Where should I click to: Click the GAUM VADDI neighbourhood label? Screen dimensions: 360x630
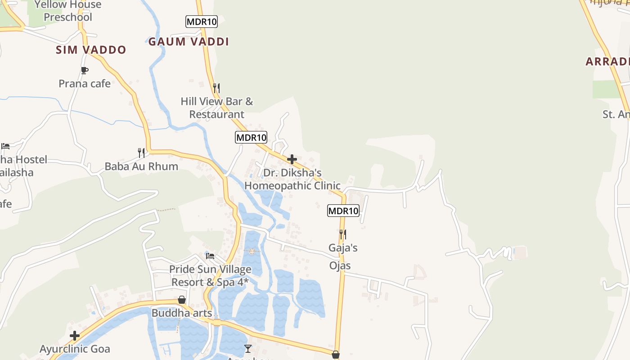pyautogui.click(x=189, y=42)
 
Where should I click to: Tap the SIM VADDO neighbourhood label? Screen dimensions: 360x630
pyautogui.click(x=91, y=50)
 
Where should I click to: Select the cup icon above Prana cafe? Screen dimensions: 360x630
pyautogui.click(x=84, y=70)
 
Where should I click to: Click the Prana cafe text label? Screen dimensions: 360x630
pyautogui.click(x=85, y=83)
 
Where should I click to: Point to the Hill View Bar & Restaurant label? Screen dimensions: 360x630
pyautogui.click(x=217, y=108)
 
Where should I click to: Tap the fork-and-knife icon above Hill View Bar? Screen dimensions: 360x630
pyautogui.click(x=216, y=88)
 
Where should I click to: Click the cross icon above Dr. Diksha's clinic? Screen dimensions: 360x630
pyautogui.click(x=292, y=159)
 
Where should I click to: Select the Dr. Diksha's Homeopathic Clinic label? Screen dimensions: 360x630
pyautogui.click(x=292, y=179)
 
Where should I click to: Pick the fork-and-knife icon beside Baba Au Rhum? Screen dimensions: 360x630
pyautogui.click(x=141, y=153)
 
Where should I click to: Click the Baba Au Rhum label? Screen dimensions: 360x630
pyautogui.click(x=141, y=166)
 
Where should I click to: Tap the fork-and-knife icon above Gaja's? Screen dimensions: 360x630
pyautogui.click(x=342, y=234)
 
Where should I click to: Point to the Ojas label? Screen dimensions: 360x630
pyautogui.click(x=340, y=265)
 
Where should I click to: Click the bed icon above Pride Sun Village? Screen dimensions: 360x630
pyautogui.click(x=210, y=256)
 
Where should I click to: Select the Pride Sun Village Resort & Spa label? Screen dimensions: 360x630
pyautogui.click(x=210, y=276)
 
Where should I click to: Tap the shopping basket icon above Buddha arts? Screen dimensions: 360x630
pyautogui.click(x=182, y=300)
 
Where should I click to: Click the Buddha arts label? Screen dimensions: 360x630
pyautogui.click(x=182, y=313)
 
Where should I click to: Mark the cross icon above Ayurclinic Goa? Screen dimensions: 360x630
pyautogui.click(x=75, y=336)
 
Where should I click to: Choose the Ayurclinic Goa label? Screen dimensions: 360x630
pyautogui.click(x=75, y=349)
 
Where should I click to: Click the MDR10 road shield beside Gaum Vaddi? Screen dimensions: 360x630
pyautogui.click(x=202, y=21)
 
